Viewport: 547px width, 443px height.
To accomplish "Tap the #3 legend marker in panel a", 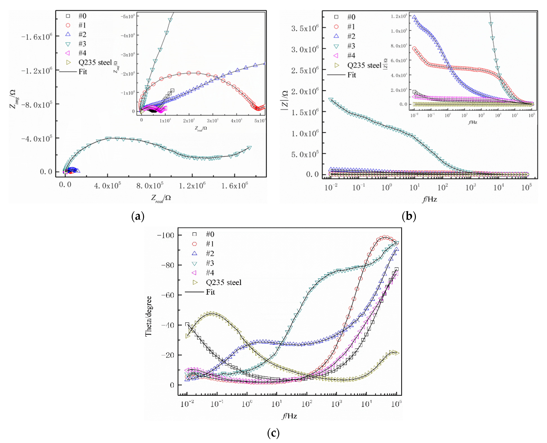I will pyautogui.click(x=68, y=44).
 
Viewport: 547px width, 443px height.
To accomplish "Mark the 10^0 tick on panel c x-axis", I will pyautogui.click(x=247, y=404).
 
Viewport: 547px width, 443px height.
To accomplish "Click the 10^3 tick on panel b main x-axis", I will pyautogui.click(x=470, y=188).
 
